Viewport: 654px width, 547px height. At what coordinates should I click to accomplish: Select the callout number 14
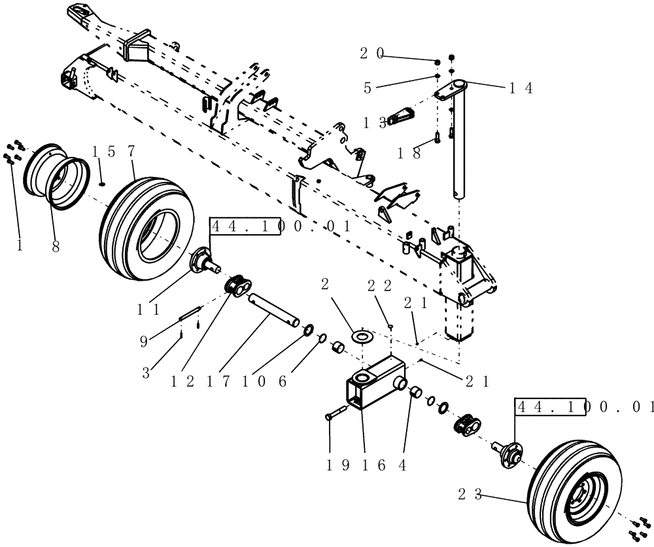pyautogui.click(x=520, y=89)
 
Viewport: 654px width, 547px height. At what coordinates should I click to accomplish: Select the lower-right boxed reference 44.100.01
pyautogui.click(x=584, y=406)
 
